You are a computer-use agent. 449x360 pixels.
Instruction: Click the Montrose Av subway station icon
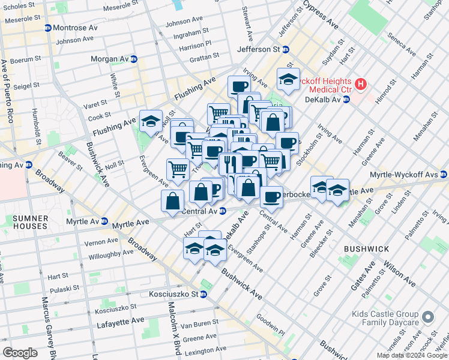click(48, 28)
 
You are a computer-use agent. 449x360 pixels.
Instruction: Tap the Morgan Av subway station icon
click(134, 59)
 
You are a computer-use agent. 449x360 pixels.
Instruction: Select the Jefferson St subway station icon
click(286, 49)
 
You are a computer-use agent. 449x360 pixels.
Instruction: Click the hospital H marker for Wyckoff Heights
click(360, 83)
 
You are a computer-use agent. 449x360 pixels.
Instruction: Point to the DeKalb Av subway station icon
click(346, 100)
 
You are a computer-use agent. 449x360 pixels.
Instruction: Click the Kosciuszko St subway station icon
click(203, 295)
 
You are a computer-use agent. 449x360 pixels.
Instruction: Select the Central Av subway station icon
click(222, 211)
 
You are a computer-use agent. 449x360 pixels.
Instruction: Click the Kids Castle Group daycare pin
click(427, 317)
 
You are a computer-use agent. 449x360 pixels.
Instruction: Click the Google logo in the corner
click(20, 353)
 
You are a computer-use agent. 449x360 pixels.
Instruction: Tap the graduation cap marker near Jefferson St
click(288, 80)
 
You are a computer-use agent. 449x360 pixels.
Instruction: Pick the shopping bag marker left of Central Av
click(173, 200)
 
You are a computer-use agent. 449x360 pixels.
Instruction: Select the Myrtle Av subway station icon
click(104, 221)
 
